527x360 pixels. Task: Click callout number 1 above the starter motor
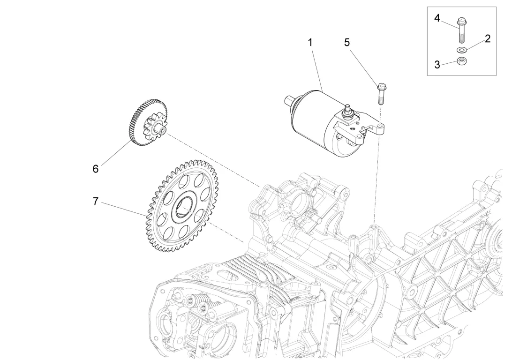(x=310, y=42)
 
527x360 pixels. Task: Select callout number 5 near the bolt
(x=347, y=42)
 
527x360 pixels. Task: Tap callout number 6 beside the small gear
(x=96, y=169)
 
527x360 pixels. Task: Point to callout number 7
(x=96, y=202)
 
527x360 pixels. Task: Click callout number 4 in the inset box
(x=437, y=18)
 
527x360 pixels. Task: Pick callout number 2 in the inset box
(x=488, y=38)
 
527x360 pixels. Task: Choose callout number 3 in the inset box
(x=437, y=65)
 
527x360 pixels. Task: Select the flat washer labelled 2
(x=460, y=50)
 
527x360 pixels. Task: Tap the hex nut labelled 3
(x=460, y=60)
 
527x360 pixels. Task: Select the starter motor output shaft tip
(x=287, y=99)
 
